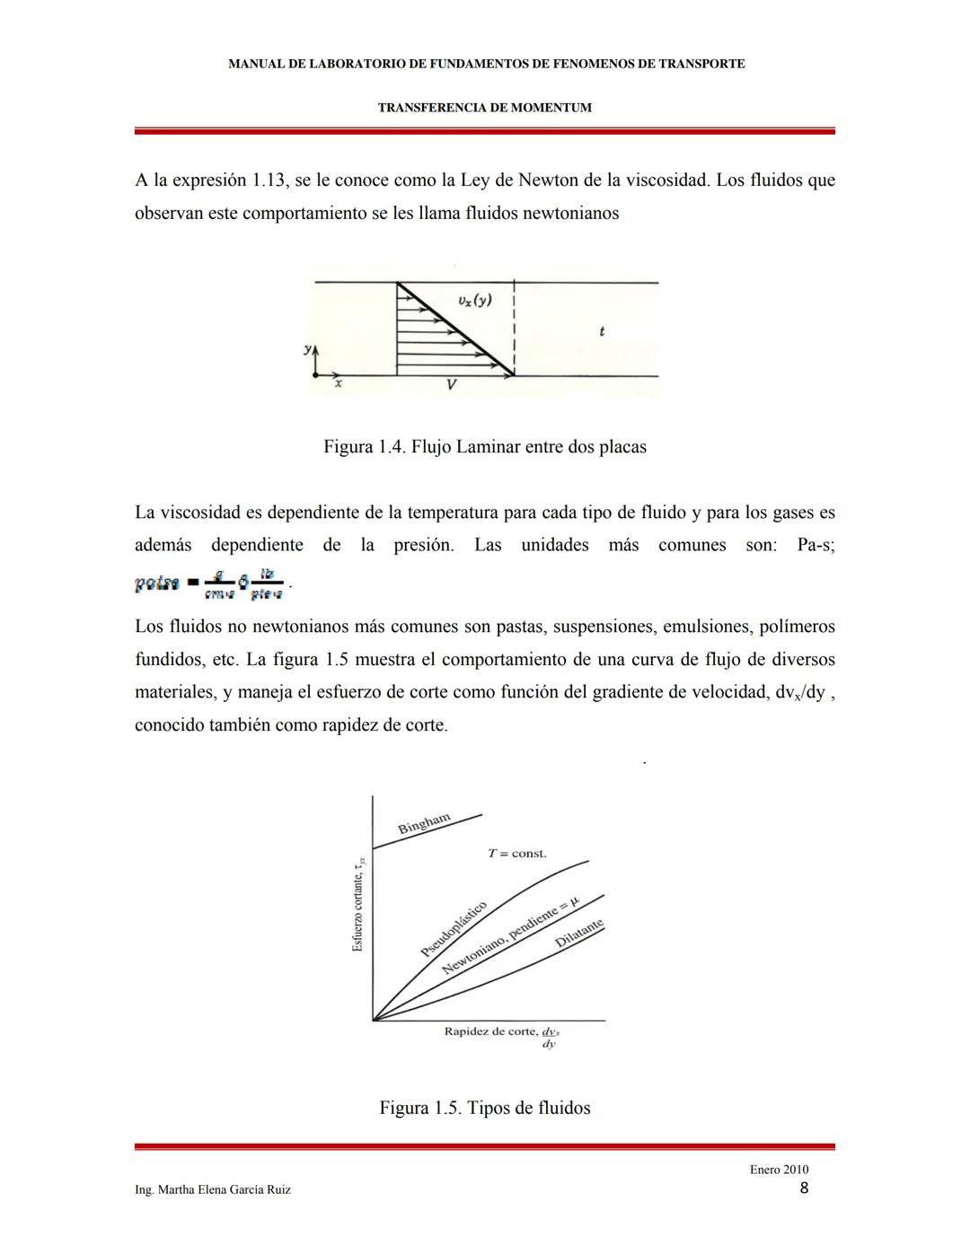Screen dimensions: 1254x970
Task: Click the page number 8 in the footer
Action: tap(804, 1188)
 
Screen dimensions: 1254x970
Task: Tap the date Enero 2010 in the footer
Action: tap(779, 1170)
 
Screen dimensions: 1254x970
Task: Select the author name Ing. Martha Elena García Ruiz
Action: tap(212, 1189)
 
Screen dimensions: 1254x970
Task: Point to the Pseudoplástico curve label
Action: tap(454, 928)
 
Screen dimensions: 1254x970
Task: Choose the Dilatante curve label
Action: tap(579, 934)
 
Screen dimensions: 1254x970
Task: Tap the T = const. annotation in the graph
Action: tap(516, 854)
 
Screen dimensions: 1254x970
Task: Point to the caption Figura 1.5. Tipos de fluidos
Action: tap(484, 1108)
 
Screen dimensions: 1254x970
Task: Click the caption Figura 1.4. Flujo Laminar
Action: tap(484, 447)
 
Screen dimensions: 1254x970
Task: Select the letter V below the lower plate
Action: tap(451, 385)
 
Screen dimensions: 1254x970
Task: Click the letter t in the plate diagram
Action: tap(601, 331)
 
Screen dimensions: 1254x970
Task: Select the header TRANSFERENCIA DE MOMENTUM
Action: tap(484, 108)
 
